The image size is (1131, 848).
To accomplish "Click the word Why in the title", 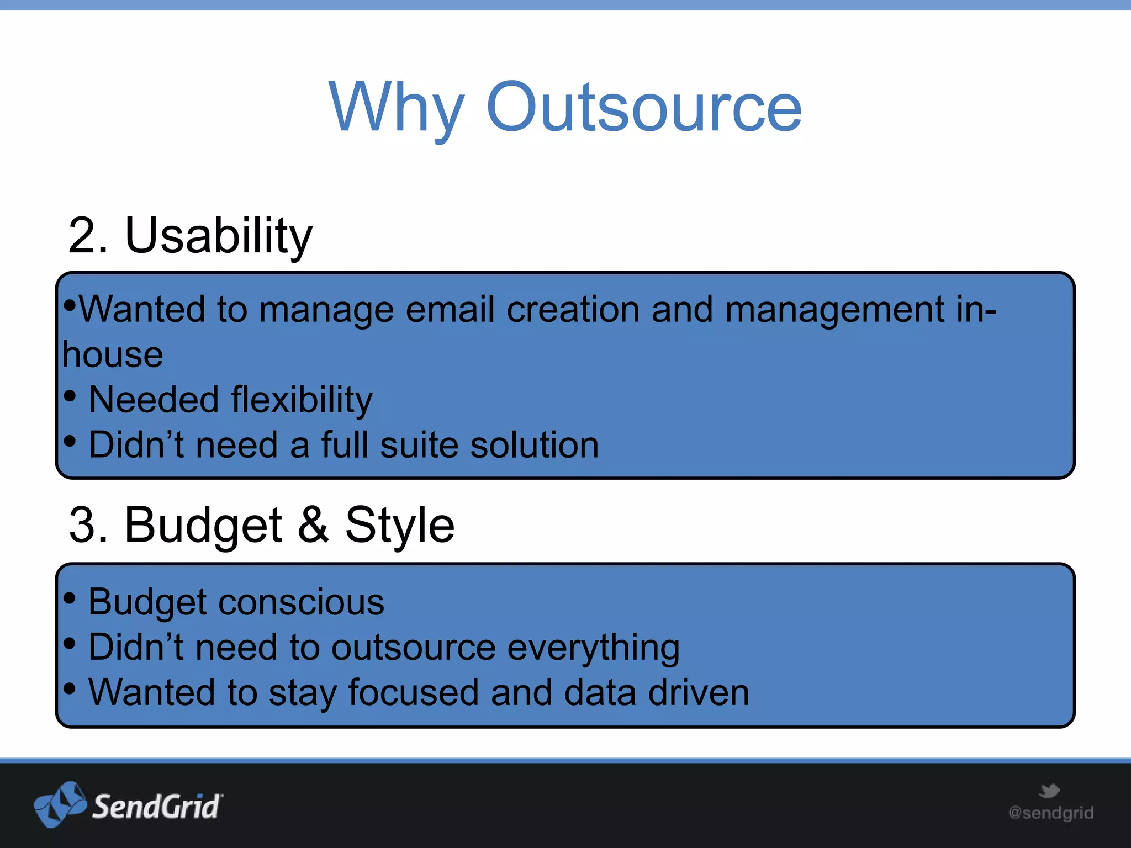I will pos(397,108).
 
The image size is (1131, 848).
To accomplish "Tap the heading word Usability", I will pos(219,236).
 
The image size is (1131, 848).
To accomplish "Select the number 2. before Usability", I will pos(88,236).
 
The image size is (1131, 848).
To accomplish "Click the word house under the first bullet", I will pos(113,354).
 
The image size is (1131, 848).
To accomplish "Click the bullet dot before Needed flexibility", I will pos(70,396).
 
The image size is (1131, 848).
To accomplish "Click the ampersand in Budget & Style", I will pos(313,524).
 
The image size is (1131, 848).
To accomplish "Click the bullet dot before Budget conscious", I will pos(70,597).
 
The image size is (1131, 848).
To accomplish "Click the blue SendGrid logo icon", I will pos(60,804).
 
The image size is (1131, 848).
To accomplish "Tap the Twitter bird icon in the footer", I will pos(1049,791).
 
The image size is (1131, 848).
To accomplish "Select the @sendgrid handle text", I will pos(1051,813).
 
